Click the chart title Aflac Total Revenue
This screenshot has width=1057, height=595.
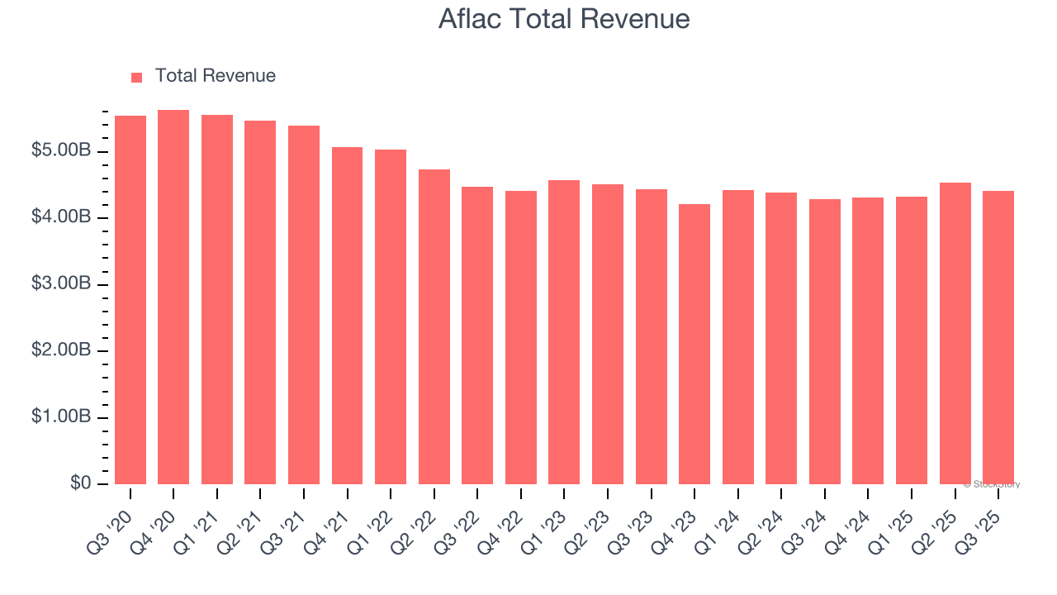(x=564, y=18)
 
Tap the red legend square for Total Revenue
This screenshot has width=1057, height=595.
(x=137, y=77)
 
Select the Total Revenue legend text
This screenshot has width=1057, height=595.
(x=215, y=76)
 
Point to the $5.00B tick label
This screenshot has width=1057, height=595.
(x=61, y=151)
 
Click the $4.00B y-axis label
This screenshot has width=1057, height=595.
(x=61, y=217)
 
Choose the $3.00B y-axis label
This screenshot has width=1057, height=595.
(x=61, y=284)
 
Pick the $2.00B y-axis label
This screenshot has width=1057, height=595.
(x=61, y=350)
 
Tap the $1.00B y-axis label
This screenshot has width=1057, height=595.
(x=61, y=417)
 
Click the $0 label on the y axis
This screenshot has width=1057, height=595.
(x=79, y=483)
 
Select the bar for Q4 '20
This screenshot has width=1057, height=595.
(x=173, y=297)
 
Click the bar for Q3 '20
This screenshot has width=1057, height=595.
(x=130, y=300)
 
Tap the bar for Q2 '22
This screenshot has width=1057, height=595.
(x=434, y=326)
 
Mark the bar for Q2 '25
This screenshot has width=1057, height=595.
(x=955, y=333)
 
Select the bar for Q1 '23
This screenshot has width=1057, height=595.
(x=564, y=332)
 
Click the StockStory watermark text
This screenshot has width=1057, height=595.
(x=993, y=484)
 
